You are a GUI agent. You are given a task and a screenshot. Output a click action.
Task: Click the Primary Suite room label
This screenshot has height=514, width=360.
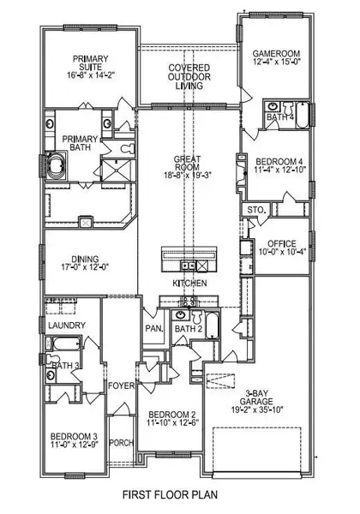[x=90, y=63]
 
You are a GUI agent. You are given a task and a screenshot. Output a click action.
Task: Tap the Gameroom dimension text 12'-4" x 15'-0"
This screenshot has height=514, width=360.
[x=277, y=62]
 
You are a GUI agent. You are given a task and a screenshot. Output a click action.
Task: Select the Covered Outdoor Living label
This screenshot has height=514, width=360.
[x=189, y=77]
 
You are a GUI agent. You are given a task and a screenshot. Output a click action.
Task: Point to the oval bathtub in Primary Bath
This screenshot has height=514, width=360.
[x=56, y=165]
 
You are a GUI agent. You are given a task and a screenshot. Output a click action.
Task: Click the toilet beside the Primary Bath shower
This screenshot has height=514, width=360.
[x=127, y=148]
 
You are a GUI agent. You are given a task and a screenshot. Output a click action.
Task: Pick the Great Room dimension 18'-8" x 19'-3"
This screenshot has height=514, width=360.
[x=189, y=175]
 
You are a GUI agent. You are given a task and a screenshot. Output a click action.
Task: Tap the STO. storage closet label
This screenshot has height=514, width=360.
[x=255, y=210]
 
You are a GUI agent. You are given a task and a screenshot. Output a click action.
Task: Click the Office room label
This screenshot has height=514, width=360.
[x=282, y=243]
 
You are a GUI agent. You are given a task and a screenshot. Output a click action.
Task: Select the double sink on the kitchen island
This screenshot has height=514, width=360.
[x=188, y=266]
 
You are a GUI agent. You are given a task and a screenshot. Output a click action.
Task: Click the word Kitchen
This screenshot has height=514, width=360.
[x=189, y=283]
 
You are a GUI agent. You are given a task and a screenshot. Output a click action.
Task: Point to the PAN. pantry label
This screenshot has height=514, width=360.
[x=154, y=328]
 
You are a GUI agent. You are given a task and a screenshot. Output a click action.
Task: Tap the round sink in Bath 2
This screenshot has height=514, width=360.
[x=180, y=315]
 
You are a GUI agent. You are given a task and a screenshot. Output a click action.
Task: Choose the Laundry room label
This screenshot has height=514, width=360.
[x=67, y=326]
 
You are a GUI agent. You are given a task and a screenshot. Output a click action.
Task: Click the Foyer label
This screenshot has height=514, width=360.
[x=122, y=385]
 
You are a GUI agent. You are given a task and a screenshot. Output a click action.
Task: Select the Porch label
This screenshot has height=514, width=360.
[x=122, y=443]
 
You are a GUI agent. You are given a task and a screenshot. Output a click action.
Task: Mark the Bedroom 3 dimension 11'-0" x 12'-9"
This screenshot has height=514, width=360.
[x=75, y=444]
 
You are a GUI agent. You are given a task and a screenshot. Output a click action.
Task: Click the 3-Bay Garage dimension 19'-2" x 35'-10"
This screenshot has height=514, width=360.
[x=256, y=409]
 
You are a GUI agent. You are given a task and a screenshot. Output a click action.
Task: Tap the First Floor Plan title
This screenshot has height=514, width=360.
[x=170, y=494]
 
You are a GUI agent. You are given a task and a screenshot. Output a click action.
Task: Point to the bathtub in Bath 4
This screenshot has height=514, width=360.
[x=303, y=115]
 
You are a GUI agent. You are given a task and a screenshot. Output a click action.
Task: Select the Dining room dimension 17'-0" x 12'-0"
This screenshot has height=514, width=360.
[x=85, y=266]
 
